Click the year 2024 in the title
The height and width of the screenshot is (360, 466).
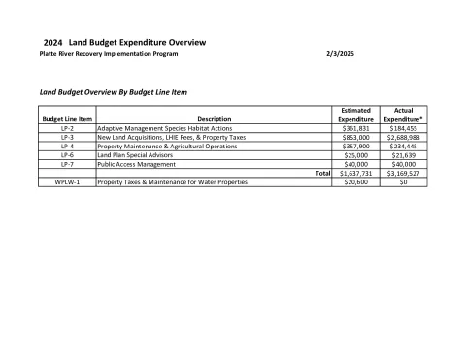[x=54, y=43]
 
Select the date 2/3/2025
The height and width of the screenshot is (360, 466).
[x=340, y=54]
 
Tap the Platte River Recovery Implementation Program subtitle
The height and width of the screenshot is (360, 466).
[x=109, y=54]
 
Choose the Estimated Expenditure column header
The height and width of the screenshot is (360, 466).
[x=350, y=115]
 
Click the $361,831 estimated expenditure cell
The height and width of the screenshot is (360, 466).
[x=350, y=128]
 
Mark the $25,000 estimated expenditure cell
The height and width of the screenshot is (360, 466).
[x=350, y=154]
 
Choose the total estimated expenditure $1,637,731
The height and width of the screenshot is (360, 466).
[x=350, y=173]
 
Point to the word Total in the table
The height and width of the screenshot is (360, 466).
[x=322, y=173]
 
